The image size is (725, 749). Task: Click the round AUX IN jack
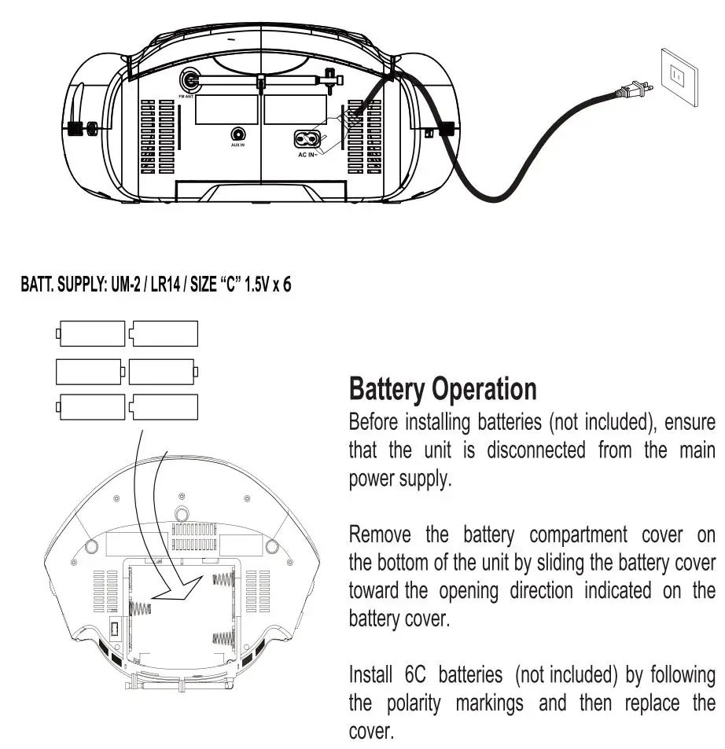[x=237, y=135]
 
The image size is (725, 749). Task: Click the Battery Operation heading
[x=443, y=389]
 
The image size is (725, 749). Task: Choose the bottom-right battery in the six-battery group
[x=164, y=407]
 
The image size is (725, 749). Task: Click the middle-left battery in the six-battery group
[x=90, y=370]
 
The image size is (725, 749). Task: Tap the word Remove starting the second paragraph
[x=380, y=536]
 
